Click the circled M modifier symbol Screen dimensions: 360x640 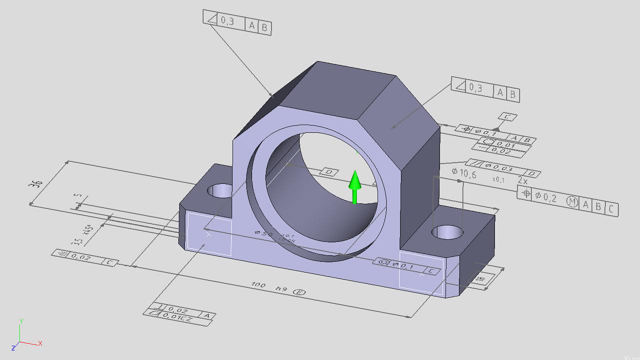coord(572,201)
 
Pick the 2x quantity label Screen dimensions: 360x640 coord(522,180)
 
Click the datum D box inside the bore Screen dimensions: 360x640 coord(329,172)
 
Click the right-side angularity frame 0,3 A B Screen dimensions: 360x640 coord(485,90)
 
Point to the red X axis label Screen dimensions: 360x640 coord(40,343)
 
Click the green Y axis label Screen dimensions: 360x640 coord(21,320)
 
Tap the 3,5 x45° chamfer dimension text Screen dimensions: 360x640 coord(83,235)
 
